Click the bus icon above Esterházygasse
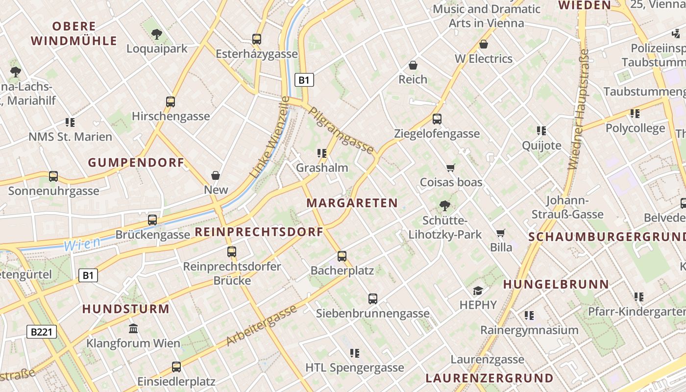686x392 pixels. [x=256, y=39]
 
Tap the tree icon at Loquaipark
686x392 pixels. [x=157, y=34]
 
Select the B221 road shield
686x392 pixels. [x=42, y=332]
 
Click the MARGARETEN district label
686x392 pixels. [x=352, y=203]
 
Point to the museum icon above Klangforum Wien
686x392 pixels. [x=133, y=328]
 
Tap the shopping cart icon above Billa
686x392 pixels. [x=500, y=233]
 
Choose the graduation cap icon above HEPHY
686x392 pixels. [x=478, y=291]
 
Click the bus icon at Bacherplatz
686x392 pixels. [x=342, y=256]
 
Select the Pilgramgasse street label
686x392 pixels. [x=341, y=130]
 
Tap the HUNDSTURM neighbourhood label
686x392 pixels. [x=125, y=309]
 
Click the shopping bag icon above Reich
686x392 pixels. [x=413, y=65]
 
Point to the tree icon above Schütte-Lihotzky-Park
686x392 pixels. [x=444, y=206]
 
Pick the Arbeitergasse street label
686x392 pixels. [x=262, y=325]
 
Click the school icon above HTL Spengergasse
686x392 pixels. [x=355, y=353]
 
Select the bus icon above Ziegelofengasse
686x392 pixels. [x=437, y=119]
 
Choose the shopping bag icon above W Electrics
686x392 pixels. [x=483, y=45]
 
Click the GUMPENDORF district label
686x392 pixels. [x=136, y=163]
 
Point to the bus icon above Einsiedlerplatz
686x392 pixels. [x=176, y=367]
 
